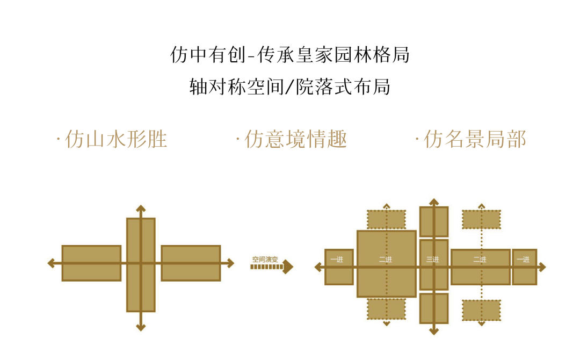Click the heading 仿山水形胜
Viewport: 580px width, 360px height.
112,140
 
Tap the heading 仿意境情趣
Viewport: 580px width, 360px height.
292,140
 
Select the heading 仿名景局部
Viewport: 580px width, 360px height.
471,140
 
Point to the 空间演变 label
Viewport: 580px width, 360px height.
265,259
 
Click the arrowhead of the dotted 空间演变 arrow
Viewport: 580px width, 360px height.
288,267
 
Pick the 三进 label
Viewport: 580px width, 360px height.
433,260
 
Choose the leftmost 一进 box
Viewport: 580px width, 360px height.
339,267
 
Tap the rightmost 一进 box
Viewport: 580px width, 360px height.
524,267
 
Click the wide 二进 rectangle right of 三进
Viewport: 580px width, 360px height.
480,267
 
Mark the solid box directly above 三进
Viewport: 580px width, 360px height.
433,221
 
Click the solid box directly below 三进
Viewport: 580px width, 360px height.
433,308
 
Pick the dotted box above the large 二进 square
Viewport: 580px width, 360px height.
386,219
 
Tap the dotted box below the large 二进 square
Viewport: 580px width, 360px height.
386,309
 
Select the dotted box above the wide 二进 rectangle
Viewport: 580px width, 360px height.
481,219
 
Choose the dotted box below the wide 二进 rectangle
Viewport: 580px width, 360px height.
481,310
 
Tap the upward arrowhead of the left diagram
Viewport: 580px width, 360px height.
141,208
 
